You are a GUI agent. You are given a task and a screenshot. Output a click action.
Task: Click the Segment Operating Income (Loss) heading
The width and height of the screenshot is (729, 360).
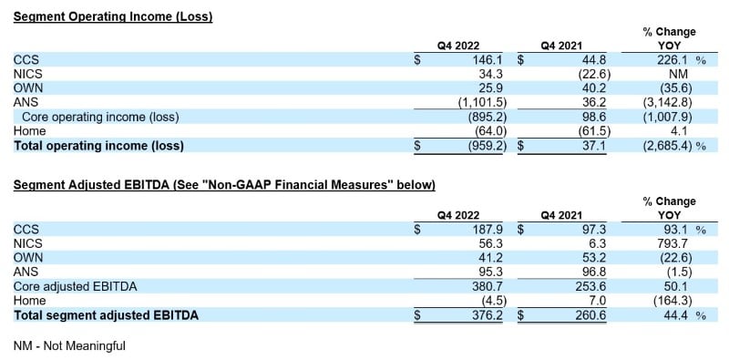[113, 15]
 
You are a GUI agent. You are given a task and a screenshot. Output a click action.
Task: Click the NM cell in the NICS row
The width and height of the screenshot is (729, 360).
[678, 74]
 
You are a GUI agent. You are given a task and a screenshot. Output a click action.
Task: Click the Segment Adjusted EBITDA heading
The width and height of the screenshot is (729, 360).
[224, 185]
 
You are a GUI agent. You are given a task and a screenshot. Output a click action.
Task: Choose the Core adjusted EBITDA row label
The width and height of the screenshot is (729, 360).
[75, 287]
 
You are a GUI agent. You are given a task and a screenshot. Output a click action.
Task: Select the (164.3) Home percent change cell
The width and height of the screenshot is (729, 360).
[674, 302]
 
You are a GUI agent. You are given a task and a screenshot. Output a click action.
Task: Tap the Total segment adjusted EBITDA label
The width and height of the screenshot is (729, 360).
[107, 316]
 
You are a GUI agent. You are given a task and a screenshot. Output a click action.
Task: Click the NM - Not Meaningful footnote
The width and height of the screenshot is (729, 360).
[69, 346]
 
